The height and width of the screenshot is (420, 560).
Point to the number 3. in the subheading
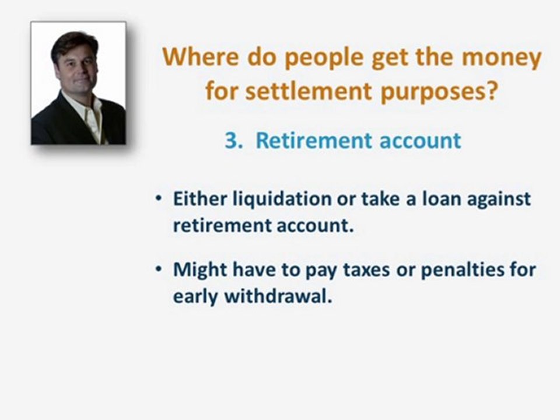(x=233, y=141)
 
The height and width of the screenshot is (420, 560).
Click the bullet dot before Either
(x=159, y=199)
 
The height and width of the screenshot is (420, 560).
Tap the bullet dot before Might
(x=159, y=271)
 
